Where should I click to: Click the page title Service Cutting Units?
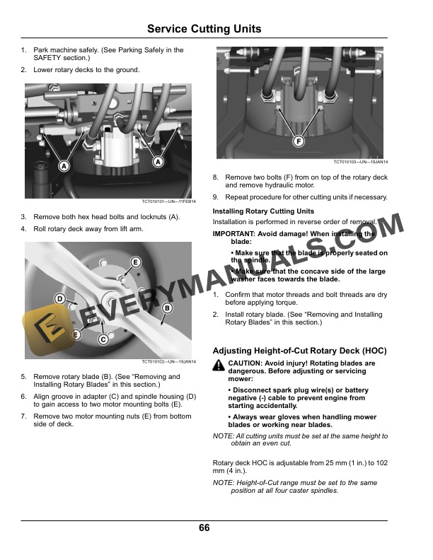coord(204,29)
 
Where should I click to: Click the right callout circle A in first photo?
coord(157,162)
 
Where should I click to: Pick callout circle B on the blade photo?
coord(168,308)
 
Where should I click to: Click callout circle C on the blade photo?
coord(103,340)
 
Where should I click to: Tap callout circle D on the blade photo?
coord(61,299)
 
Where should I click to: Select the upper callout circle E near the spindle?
coord(135,263)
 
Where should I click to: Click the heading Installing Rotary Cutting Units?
coord(263,211)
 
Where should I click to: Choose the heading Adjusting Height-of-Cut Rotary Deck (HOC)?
coord(300,351)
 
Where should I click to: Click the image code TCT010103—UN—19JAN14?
coord(361,163)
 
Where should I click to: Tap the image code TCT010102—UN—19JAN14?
coord(168,362)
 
